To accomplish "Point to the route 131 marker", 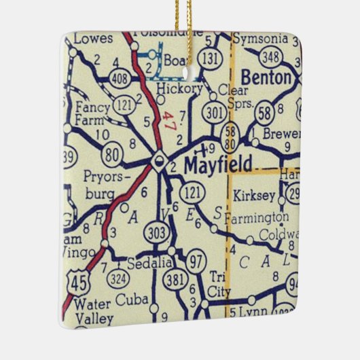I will point(213,57).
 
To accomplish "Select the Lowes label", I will point(92,39).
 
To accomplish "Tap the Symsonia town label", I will point(261,38).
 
